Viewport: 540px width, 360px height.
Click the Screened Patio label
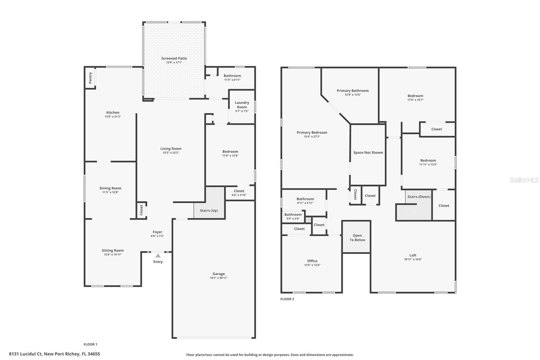[x=174, y=58]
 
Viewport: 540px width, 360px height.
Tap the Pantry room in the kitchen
[x=90, y=78]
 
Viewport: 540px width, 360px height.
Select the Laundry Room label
[x=242, y=105]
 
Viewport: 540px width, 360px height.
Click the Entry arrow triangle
[x=158, y=256]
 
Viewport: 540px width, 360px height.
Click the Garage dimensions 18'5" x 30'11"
[x=219, y=278]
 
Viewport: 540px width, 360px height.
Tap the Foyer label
[x=157, y=232]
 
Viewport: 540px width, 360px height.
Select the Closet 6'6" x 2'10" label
[x=239, y=191]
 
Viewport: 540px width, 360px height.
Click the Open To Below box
[x=357, y=237]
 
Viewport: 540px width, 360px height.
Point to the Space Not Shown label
[x=368, y=153]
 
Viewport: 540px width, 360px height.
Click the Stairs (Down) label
[x=419, y=197]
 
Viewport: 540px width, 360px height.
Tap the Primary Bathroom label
[x=352, y=91]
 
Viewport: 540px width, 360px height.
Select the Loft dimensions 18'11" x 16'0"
[x=413, y=260]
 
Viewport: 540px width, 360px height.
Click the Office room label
[x=312, y=261]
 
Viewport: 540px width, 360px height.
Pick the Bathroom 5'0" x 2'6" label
[x=293, y=214]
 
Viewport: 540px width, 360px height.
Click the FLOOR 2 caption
[x=287, y=299]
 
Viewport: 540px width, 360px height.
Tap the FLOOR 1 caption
[x=90, y=344]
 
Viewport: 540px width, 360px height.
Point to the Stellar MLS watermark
[x=523, y=180]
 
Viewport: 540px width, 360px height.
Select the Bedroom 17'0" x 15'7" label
[x=415, y=96]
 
